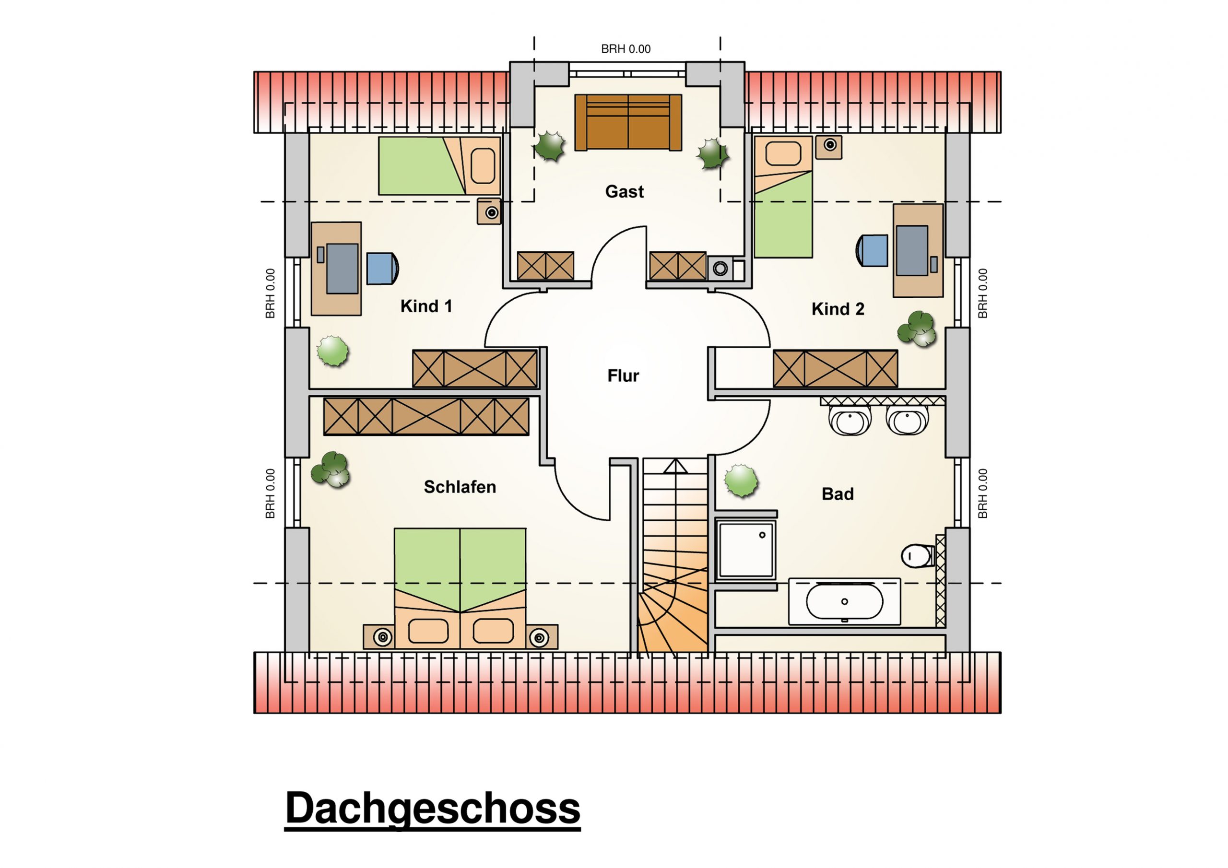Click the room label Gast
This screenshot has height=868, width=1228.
click(624, 191)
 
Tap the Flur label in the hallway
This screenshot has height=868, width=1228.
click(623, 375)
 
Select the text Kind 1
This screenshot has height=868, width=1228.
click(426, 306)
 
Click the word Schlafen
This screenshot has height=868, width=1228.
click(460, 487)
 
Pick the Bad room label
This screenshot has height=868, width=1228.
click(838, 493)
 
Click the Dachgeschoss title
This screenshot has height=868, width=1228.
click(433, 808)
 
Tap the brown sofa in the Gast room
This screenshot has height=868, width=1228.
click(628, 122)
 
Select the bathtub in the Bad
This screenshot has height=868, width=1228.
click(845, 601)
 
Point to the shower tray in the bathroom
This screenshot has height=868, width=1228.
click(746, 550)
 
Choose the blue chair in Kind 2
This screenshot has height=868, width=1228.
click(872, 250)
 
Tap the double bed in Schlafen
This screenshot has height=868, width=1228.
click(460, 588)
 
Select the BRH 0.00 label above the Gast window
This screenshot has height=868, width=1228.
click(626, 49)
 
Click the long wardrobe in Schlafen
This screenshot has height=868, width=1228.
click(426, 416)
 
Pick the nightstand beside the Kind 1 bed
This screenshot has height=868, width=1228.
click(489, 211)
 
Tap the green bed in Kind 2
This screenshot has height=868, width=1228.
click(783, 197)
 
